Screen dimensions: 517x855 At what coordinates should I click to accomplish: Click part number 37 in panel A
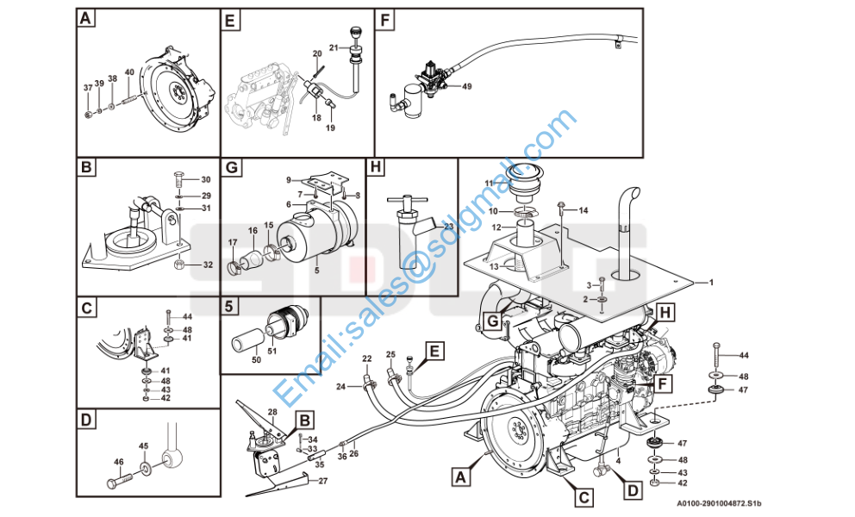88,88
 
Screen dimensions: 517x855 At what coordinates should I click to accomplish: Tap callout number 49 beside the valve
466,86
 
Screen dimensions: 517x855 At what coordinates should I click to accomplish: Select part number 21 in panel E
334,47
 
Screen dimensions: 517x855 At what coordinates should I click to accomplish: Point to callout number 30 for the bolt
205,179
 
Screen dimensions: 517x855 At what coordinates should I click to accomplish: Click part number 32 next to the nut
207,265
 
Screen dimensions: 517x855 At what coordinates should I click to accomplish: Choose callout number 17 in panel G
231,243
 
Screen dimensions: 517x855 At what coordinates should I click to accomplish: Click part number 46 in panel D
118,462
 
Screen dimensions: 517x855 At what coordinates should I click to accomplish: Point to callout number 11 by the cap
488,184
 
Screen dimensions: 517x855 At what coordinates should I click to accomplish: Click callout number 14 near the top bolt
583,210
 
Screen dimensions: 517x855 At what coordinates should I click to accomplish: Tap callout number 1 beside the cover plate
712,282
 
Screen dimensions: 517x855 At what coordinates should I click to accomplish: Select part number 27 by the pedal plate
323,481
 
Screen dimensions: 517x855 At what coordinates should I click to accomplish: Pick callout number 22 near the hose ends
366,358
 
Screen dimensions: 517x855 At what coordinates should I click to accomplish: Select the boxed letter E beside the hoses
435,351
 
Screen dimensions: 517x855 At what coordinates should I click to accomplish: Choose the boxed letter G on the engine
492,321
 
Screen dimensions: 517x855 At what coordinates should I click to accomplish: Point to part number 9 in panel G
290,179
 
